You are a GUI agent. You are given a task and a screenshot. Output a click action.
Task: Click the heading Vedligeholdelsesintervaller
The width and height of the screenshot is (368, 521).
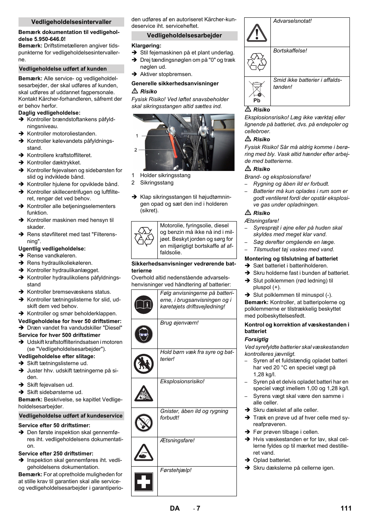click(71, 22)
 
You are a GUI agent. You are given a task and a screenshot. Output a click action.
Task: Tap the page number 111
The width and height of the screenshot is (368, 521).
click(346, 508)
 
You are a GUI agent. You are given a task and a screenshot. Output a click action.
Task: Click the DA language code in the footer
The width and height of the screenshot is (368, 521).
click(175, 508)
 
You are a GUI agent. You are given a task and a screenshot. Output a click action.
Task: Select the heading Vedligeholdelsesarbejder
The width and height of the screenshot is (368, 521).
click(184, 36)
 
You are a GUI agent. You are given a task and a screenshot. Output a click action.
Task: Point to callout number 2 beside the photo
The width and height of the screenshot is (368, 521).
click(136, 150)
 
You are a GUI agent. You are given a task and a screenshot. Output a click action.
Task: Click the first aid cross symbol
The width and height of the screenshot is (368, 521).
click(144, 482)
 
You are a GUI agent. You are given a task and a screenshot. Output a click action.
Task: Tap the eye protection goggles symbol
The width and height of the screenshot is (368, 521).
click(144, 334)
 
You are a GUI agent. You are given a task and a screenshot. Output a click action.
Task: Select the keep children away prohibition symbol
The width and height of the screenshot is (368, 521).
click(144, 364)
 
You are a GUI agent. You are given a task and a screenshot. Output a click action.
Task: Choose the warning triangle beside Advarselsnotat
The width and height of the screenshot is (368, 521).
click(257, 33)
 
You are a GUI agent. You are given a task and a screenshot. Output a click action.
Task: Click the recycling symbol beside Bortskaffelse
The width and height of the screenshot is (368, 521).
click(257, 62)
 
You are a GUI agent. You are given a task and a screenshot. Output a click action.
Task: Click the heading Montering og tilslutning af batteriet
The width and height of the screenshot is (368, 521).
click(291, 259)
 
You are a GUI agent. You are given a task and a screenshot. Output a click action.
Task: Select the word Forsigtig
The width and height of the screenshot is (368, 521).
click(257, 339)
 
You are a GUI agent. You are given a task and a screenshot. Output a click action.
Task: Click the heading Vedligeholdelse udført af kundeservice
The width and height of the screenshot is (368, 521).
click(71, 416)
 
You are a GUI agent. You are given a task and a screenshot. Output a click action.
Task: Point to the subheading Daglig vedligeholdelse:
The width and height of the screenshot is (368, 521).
click(49, 113)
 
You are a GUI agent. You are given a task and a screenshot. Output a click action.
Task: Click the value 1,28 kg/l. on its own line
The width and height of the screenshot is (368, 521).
click(265, 374)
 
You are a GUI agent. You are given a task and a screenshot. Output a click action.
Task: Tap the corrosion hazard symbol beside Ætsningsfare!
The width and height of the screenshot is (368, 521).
click(144, 452)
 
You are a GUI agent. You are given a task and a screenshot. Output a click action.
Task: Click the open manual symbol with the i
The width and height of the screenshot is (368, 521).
click(144, 304)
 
